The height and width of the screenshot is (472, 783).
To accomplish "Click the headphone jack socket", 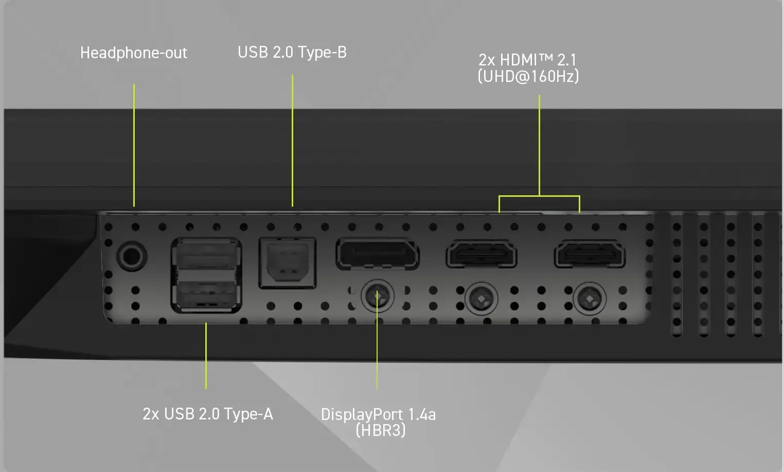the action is [132, 256].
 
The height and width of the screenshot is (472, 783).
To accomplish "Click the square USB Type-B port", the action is [288, 263].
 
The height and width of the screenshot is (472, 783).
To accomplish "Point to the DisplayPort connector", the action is [378, 254].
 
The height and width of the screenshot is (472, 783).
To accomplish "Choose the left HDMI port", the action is [482, 254].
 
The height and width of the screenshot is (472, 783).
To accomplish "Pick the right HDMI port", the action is [590, 254].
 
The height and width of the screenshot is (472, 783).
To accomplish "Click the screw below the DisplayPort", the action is [378, 296].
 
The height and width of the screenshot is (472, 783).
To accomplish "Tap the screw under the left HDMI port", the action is [482, 299].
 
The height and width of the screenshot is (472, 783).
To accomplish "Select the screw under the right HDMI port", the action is [590, 299].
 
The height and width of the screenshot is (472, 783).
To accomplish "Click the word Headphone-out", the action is [134, 53].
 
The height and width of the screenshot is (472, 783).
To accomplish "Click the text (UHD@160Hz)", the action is [528, 76].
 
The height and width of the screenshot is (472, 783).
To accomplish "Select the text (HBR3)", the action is [381, 430].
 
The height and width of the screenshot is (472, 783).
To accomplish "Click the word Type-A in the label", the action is [248, 414].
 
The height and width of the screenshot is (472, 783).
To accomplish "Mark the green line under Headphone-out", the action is [134, 145].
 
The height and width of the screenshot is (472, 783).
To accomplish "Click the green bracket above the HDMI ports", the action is [539, 196].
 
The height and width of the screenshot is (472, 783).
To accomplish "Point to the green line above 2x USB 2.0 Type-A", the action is [206, 356].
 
